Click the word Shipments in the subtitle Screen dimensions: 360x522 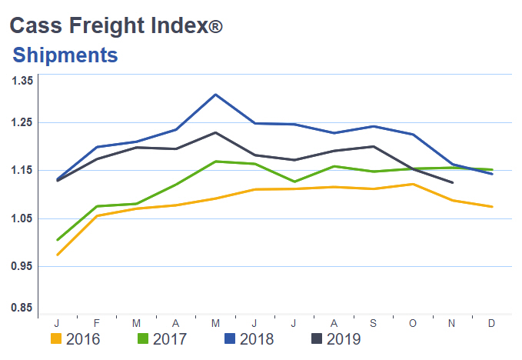[x=65, y=55]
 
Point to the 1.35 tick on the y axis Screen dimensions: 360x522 [x=22, y=81]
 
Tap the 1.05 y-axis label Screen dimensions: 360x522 [x=22, y=218]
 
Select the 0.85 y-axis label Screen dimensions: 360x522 [x=22, y=308]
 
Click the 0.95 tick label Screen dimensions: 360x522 [x=22, y=266]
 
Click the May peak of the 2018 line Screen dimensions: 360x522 [x=216, y=95]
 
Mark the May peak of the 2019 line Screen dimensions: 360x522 [x=216, y=132]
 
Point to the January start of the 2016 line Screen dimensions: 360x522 [x=58, y=255]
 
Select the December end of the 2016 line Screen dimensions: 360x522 [x=492, y=207]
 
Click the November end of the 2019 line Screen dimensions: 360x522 [x=453, y=183]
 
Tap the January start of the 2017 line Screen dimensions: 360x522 [x=58, y=240]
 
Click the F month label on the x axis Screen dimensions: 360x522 [x=98, y=323]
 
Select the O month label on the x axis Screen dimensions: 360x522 [x=414, y=323]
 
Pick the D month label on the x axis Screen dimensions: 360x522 [x=492, y=323]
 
